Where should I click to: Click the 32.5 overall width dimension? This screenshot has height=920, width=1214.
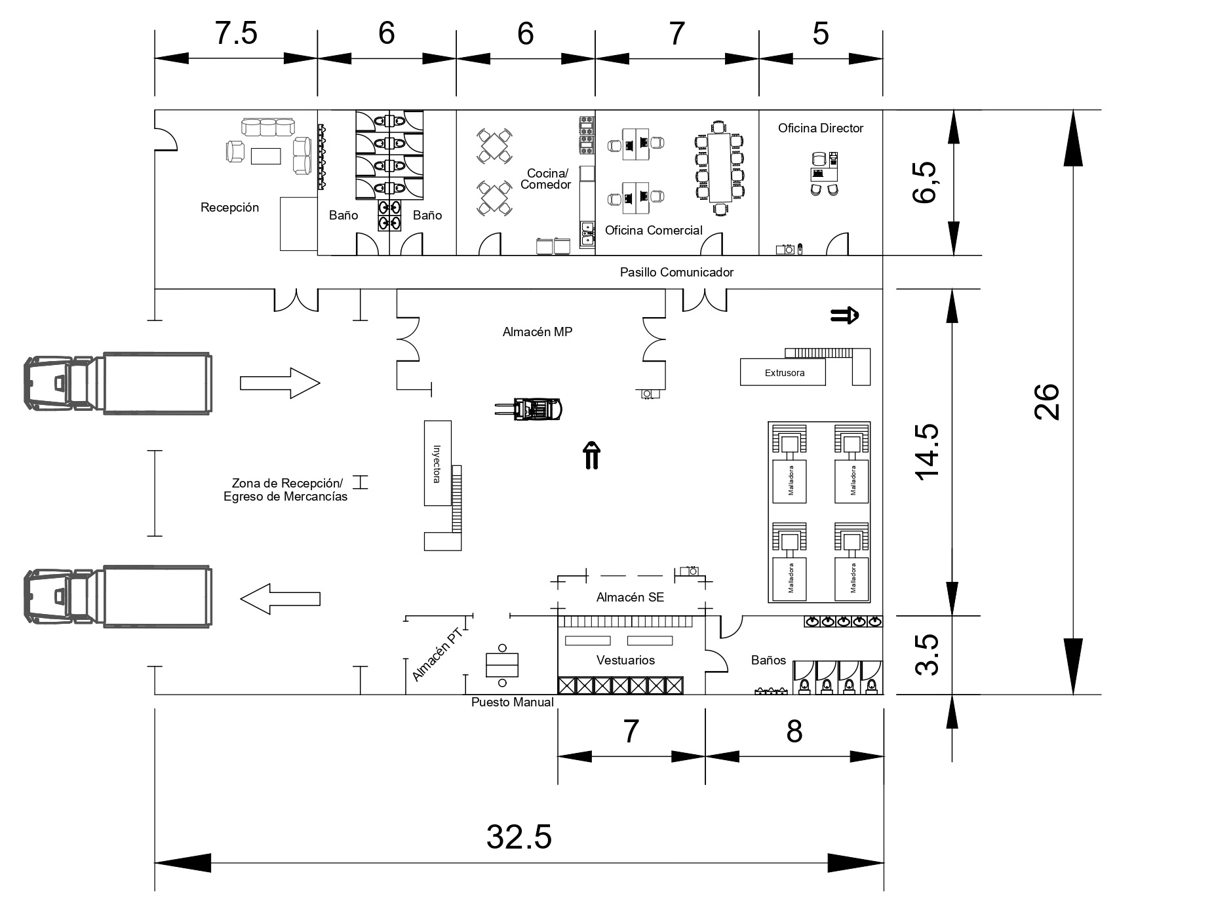[519, 837]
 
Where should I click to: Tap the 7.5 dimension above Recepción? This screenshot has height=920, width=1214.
[236, 33]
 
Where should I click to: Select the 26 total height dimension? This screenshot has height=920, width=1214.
[1046, 401]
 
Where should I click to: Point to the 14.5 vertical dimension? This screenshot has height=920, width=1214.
[928, 452]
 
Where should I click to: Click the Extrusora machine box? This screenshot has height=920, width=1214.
[783, 372]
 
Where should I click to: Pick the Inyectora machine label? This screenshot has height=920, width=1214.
[437, 464]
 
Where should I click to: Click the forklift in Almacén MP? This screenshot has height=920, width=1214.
[528, 410]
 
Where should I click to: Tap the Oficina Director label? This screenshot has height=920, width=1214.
[821, 128]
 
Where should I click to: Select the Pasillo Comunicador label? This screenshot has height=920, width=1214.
[677, 272]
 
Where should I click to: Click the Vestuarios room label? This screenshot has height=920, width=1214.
[625, 660]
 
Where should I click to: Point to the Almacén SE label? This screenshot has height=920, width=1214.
[630, 597]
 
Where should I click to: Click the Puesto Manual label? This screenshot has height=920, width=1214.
[513, 702]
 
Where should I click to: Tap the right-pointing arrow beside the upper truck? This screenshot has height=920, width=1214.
[280, 383]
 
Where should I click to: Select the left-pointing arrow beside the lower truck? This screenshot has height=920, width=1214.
[280, 599]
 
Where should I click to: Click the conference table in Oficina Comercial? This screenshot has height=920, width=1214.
[720, 168]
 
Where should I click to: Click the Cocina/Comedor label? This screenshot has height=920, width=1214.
[546, 179]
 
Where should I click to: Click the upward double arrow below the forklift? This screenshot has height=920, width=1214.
[591, 456]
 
